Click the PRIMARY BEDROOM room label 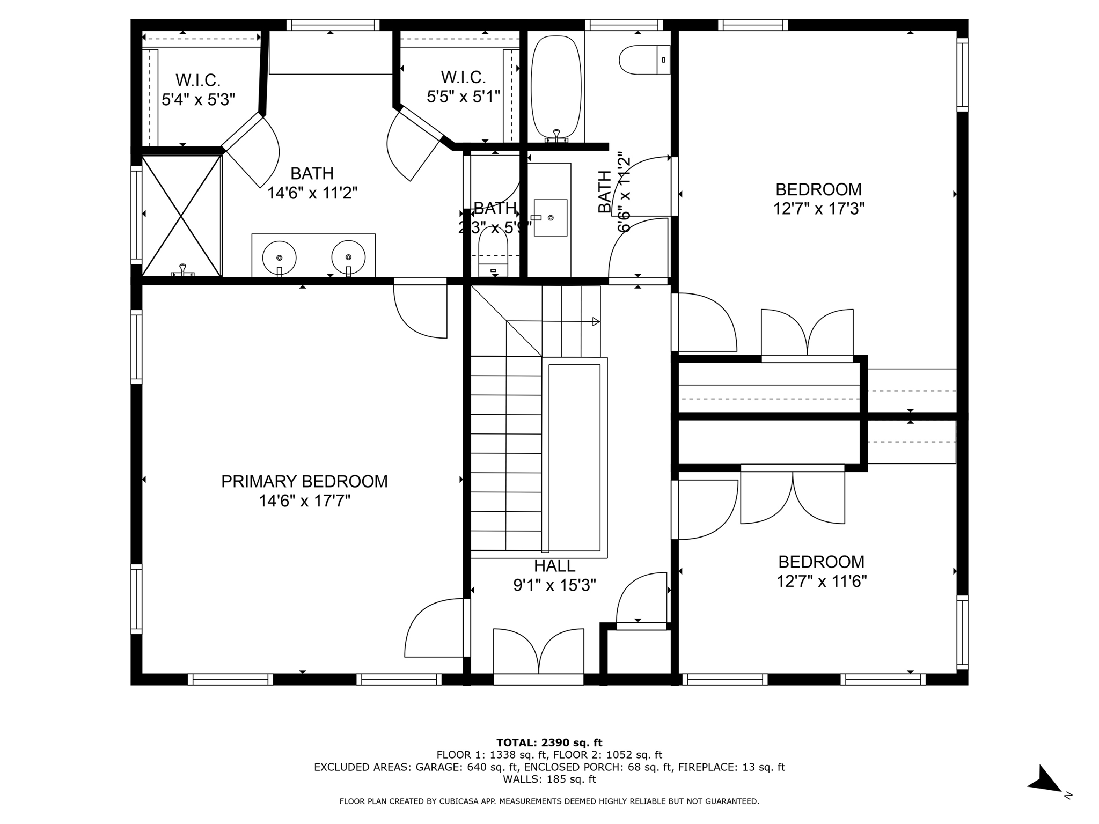tap(304, 481)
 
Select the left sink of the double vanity tap(279, 257)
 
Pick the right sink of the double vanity tap(348, 257)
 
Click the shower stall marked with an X tap(182, 216)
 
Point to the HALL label tap(554, 566)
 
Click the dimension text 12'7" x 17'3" tap(818, 209)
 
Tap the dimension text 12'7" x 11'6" tap(821, 582)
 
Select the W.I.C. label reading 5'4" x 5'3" tap(198, 90)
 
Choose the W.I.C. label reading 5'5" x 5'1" tap(464, 87)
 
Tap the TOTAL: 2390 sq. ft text tap(549, 742)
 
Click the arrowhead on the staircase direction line tap(596, 322)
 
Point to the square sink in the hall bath tap(551, 217)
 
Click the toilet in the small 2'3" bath tap(493, 252)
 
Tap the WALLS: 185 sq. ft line tap(549, 779)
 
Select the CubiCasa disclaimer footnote tap(549, 801)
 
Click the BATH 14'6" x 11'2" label tap(312, 183)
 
